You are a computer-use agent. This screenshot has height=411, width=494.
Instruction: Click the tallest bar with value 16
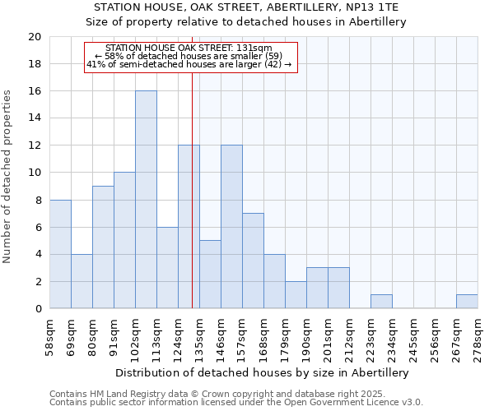(x=146, y=200)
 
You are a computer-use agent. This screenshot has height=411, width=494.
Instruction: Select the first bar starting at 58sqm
(x=60, y=254)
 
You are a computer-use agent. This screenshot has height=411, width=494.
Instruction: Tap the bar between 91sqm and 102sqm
(x=124, y=240)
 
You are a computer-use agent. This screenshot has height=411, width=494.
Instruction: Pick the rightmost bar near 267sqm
(x=467, y=302)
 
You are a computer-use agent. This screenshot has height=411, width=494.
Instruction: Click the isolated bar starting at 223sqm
(x=381, y=302)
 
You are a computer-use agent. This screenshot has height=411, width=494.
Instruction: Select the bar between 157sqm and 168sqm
(x=253, y=261)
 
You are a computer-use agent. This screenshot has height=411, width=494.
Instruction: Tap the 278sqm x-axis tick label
(x=478, y=338)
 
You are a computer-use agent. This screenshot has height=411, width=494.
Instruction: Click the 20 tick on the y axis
(x=34, y=37)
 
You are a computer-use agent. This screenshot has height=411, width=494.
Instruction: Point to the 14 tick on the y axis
(x=34, y=118)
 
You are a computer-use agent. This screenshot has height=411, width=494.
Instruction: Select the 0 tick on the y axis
(x=37, y=309)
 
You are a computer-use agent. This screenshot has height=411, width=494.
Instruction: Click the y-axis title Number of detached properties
(x=8, y=177)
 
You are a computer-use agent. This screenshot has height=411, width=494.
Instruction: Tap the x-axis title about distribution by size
(x=263, y=372)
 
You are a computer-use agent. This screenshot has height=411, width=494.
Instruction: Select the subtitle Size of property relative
(x=246, y=22)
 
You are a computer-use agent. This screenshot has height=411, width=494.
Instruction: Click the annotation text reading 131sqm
(x=189, y=48)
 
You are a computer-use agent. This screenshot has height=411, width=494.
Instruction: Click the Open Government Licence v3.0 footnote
(x=236, y=403)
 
